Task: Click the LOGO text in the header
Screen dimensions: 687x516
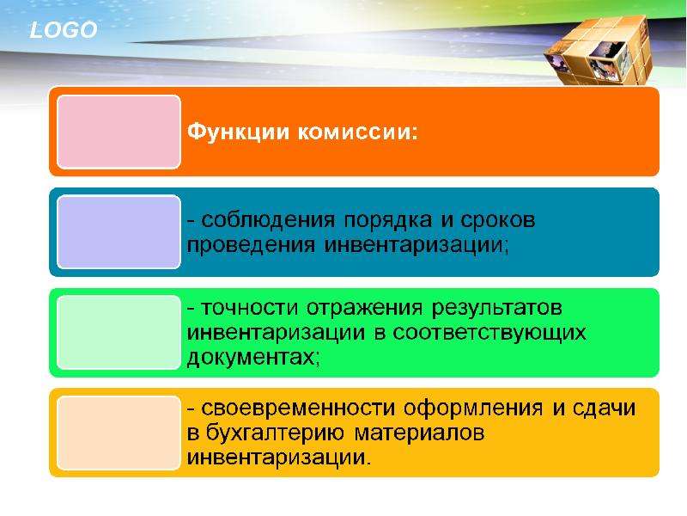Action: (63, 30)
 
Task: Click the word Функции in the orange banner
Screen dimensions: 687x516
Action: (239, 132)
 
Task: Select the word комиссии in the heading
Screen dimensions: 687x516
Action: (357, 132)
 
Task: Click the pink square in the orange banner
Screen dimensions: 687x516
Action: (119, 132)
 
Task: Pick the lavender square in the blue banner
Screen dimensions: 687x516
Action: (119, 231)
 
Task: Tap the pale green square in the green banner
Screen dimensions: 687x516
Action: (119, 332)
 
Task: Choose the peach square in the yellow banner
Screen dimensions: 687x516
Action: (119, 433)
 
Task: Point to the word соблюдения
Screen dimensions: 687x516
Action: (268, 220)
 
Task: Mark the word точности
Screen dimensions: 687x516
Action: (249, 308)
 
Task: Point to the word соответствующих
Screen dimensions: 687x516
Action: (489, 334)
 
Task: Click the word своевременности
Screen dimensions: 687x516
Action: (298, 408)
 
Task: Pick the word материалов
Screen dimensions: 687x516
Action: (419, 433)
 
